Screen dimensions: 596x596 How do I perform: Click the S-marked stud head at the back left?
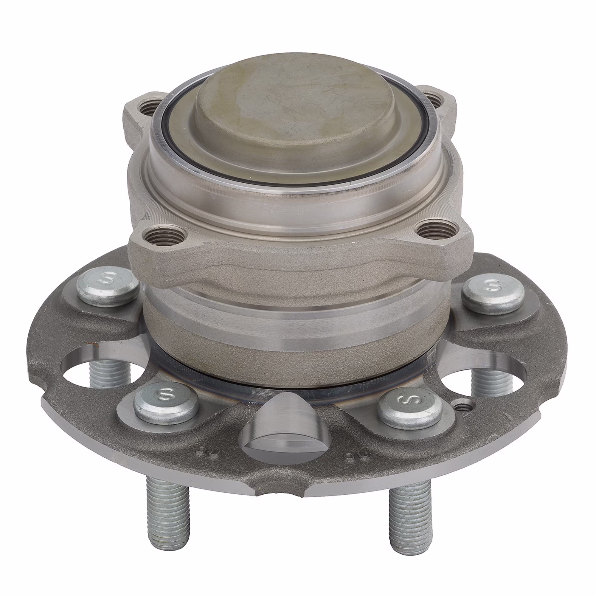tap(108, 285)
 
